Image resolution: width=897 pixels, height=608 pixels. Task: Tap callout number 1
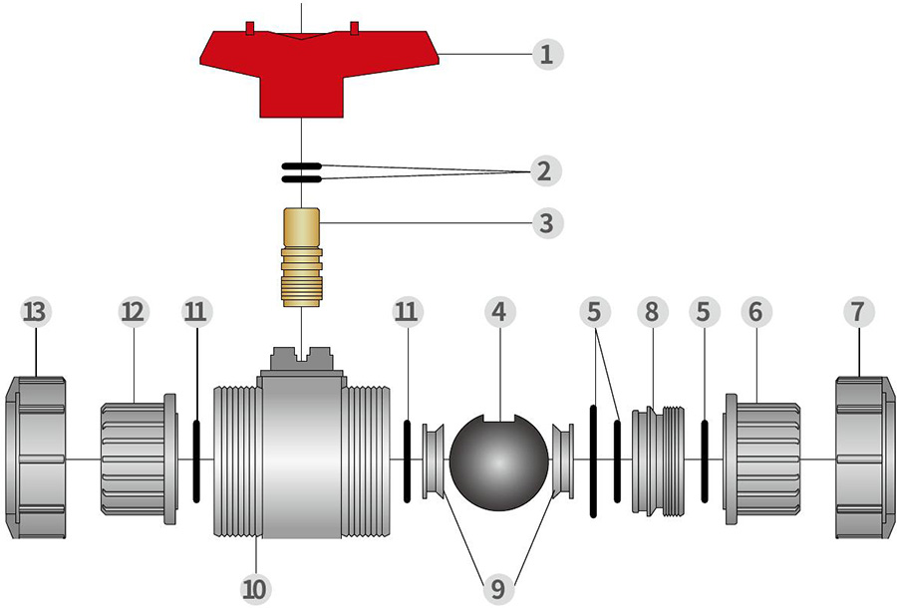point(545,53)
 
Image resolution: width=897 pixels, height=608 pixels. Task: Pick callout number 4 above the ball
point(498,311)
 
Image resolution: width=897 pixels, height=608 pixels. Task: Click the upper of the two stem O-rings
point(300,165)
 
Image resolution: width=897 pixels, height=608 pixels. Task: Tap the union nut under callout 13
point(37,457)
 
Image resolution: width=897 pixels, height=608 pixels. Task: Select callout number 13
point(36,311)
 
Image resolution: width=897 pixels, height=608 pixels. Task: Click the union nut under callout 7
point(864,457)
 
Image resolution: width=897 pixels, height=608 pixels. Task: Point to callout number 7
point(857,311)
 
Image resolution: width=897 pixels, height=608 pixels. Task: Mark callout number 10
point(256,589)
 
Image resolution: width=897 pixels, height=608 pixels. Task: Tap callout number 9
point(497,589)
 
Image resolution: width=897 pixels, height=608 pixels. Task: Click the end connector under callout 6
point(762,457)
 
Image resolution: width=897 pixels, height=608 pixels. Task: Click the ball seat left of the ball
point(434,459)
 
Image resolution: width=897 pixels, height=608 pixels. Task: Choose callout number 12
point(133,311)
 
